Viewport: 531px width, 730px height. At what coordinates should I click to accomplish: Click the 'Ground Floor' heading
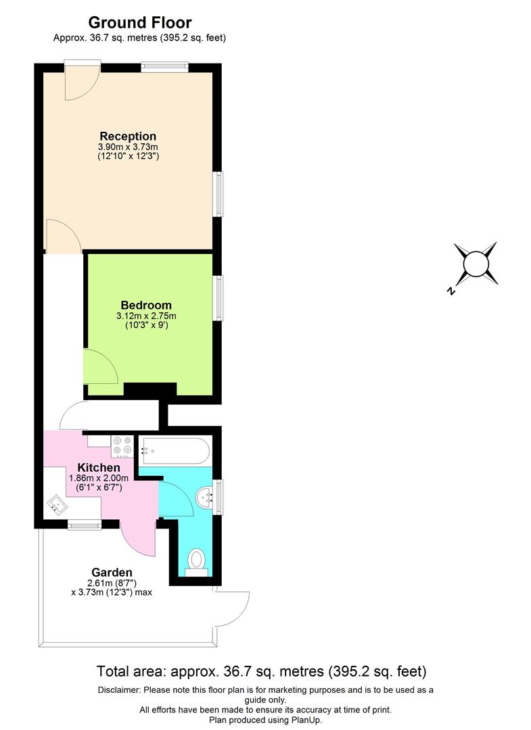[x=139, y=23]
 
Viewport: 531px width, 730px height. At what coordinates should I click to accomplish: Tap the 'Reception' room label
[x=128, y=136]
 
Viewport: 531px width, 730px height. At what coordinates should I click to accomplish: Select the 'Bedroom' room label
[x=146, y=305]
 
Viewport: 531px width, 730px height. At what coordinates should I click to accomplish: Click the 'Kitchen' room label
[x=99, y=467]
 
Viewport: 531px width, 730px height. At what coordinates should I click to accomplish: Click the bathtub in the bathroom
[x=175, y=451]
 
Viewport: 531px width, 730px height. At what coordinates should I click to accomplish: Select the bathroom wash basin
[x=204, y=499]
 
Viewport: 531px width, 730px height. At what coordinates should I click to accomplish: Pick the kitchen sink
[x=57, y=504]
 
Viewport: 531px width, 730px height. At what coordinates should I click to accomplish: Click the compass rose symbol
[x=476, y=264]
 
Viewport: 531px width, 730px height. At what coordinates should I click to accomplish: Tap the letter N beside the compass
[x=451, y=291]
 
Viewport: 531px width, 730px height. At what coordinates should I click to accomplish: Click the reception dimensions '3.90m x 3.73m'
[x=128, y=147]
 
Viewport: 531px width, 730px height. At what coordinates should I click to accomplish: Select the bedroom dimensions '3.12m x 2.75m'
[x=146, y=316]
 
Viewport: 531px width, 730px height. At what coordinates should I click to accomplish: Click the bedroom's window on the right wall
[x=218, y=297]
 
